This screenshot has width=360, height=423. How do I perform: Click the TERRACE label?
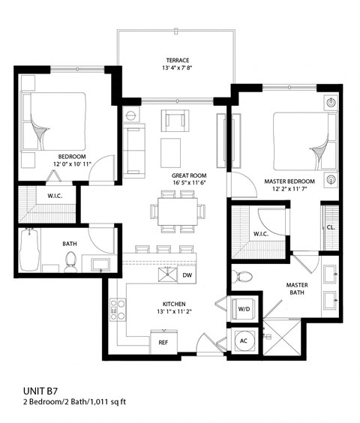(x=176, y=61)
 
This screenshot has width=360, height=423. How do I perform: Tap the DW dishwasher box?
(x=187, y=275)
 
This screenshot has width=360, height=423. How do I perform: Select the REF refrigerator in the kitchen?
(x=163, y=341)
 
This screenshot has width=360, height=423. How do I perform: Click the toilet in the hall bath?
(x=71, y=260)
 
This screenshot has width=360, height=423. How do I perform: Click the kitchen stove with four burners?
(x=118, y=309)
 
